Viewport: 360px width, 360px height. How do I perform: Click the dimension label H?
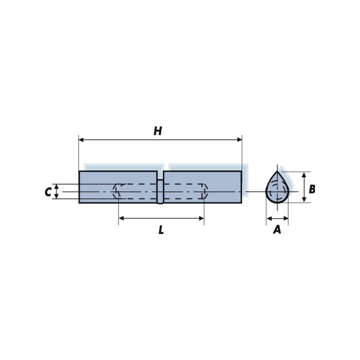(158, 131)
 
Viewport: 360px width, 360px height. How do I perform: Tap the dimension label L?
(161, 230)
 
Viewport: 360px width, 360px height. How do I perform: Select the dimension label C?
(48, 192)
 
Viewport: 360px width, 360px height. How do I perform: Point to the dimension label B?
(312, 189)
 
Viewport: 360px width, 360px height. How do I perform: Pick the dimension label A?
(277, 229)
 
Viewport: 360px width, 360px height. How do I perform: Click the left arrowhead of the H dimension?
(81, 139)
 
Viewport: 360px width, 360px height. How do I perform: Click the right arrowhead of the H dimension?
(239, 139)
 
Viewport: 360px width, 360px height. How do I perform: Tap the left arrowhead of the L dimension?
(121, 218)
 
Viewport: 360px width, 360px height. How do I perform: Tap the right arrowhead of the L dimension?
(201, 218)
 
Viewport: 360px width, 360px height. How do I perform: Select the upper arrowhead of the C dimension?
(57, 186)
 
